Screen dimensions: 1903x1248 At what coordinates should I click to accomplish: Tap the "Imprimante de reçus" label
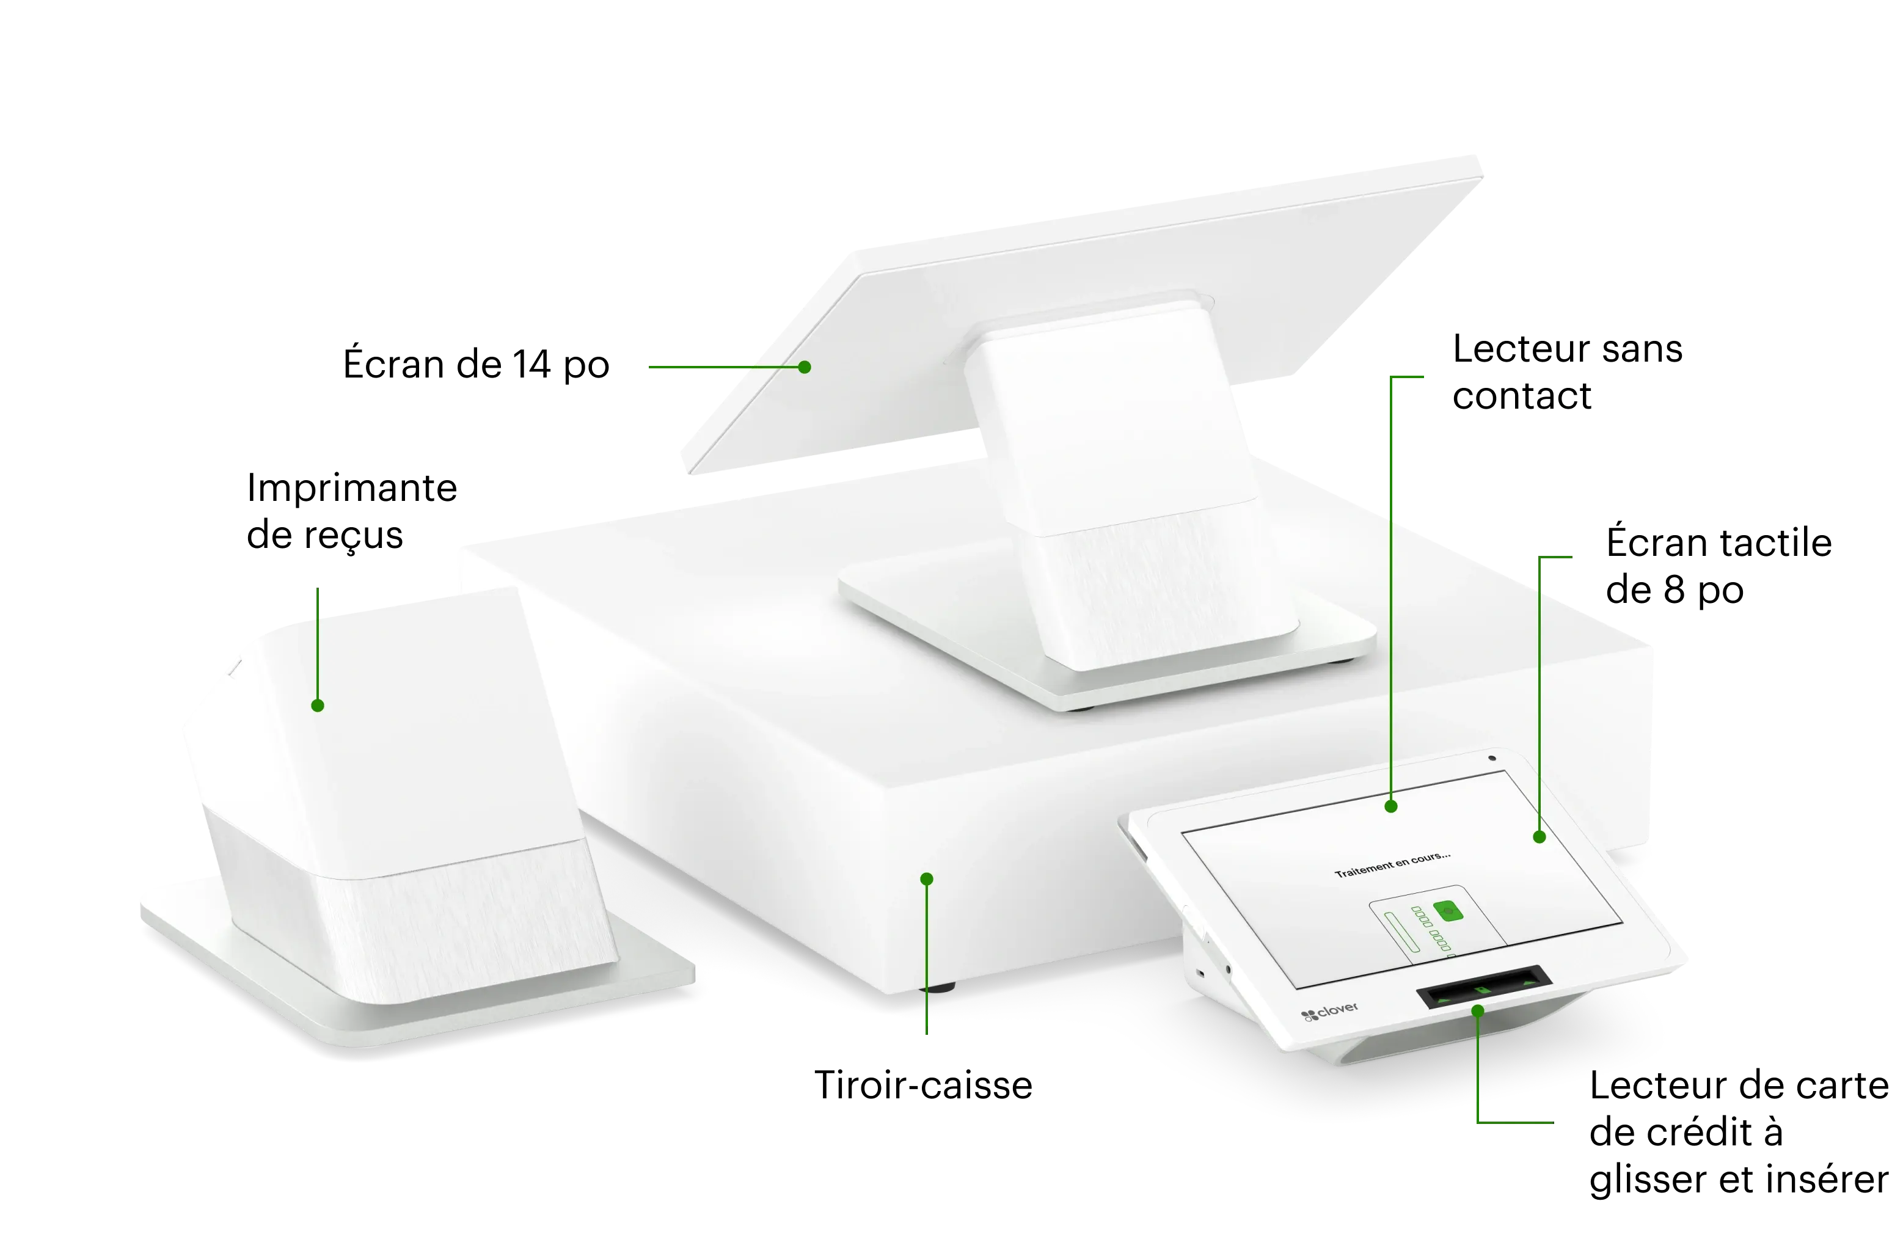[x=352, y=510]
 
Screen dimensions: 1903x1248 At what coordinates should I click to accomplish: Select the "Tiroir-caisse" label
[x=924, y=1085]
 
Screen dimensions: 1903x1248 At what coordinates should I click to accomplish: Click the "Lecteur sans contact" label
[x=1567, y=372]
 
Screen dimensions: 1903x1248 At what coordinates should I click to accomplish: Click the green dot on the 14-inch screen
[x=805, y=367]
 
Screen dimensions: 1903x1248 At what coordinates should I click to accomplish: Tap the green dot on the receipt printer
[x=318, y=705]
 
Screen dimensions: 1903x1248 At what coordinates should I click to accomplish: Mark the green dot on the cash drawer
[x=927, y=878]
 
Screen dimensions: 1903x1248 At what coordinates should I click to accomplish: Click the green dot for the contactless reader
[x=1391, y=806]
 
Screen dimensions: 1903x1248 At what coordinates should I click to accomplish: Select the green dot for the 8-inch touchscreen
[x=1539, y=837]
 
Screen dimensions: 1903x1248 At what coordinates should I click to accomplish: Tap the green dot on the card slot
[x=1478, y=1010]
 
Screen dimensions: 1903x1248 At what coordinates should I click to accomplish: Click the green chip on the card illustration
[x=1448, y=911]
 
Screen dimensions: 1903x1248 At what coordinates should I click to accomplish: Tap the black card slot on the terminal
[x=1484, y=987]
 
